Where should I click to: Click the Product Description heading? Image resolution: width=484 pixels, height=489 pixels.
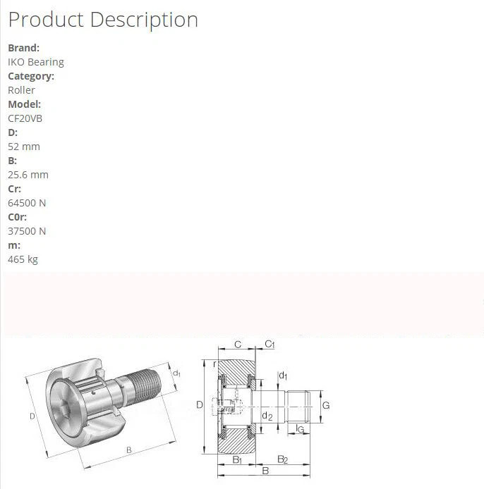(x=103, y=20)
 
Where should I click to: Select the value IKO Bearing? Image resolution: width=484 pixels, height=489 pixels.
(x=36, y=62)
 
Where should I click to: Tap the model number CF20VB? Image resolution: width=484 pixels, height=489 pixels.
(x=25, y=118)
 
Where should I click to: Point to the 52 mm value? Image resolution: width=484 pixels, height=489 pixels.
(x=24, y=147)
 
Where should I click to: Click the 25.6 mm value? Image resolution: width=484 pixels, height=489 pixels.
(x=28, y=175)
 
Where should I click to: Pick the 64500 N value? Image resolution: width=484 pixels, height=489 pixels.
(x=27, y=203)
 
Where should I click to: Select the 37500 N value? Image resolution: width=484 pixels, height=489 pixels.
(x=27, y=231)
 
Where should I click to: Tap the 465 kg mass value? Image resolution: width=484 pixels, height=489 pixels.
(x=23, y=259)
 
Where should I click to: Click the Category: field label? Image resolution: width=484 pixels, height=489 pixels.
(x=31, y=76)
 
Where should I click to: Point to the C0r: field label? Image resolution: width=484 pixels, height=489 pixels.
(x=17, y=217)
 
